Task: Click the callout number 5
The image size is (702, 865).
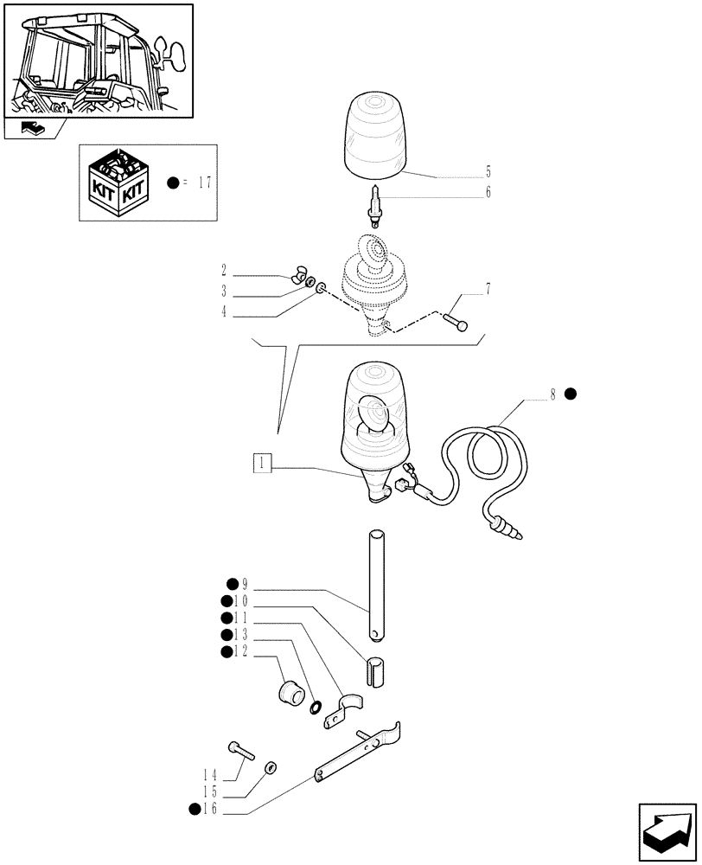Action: (488, 171)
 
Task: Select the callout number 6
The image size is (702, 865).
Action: (488, 193)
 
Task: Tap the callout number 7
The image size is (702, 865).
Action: (488, 290)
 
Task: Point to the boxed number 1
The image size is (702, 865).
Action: (261, 463)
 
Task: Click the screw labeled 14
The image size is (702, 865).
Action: (240, 749)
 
